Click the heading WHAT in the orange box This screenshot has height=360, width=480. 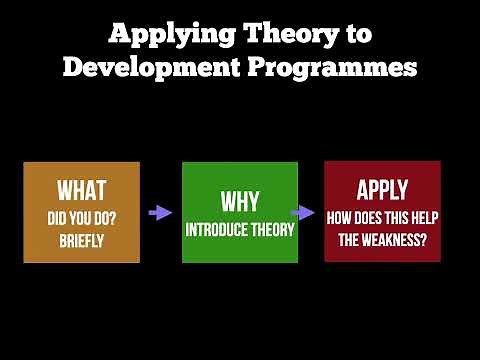[x=81, y=190]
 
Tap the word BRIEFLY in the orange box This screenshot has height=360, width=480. [x=81, y=240]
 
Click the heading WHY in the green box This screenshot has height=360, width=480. [x=240, y=201]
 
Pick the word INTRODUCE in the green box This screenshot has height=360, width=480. [x=217, y=229]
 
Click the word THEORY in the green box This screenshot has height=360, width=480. [x=272, y=229]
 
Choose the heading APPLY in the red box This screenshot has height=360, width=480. [x=382, y=189]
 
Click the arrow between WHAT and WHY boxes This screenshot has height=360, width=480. [x=159, y=212]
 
